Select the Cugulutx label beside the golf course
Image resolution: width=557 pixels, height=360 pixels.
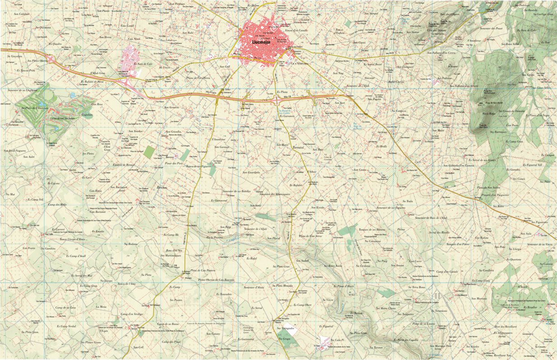(x=87, y=115)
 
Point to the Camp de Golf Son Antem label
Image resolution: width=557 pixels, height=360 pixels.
(x=61, y=118)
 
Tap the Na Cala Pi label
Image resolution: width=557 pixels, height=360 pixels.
(x=337, y=340)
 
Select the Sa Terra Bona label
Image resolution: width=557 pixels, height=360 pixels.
(x=416, y=287)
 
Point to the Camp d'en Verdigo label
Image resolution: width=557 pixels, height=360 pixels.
(x=132, y=314)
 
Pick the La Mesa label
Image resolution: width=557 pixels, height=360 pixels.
(x=101, y=307)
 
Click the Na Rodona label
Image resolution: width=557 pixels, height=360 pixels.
(x=130, y=244)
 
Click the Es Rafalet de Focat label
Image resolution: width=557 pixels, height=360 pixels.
(x=92, y=82)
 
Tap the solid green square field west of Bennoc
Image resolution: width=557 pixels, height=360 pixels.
(x=149, y=152)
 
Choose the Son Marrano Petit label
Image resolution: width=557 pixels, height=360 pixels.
(x=437, y=346)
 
